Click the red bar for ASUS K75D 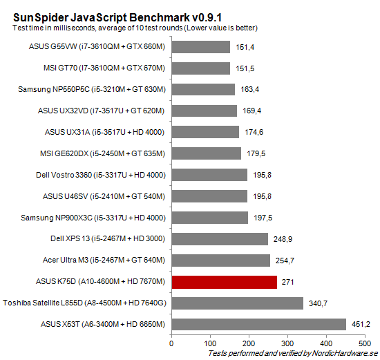click(224, 281)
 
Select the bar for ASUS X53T click(258, 324)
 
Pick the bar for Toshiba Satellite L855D click(237, 303)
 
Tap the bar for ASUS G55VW click(200, 46)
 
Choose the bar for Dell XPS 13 click(219, 238)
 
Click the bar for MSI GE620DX click(206, 153)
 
